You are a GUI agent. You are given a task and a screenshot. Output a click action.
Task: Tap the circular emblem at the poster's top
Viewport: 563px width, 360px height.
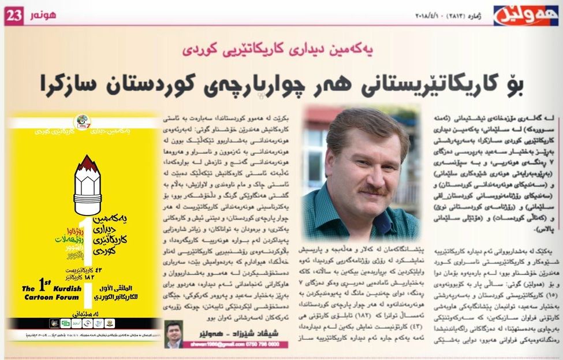(x=83, y=123)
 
